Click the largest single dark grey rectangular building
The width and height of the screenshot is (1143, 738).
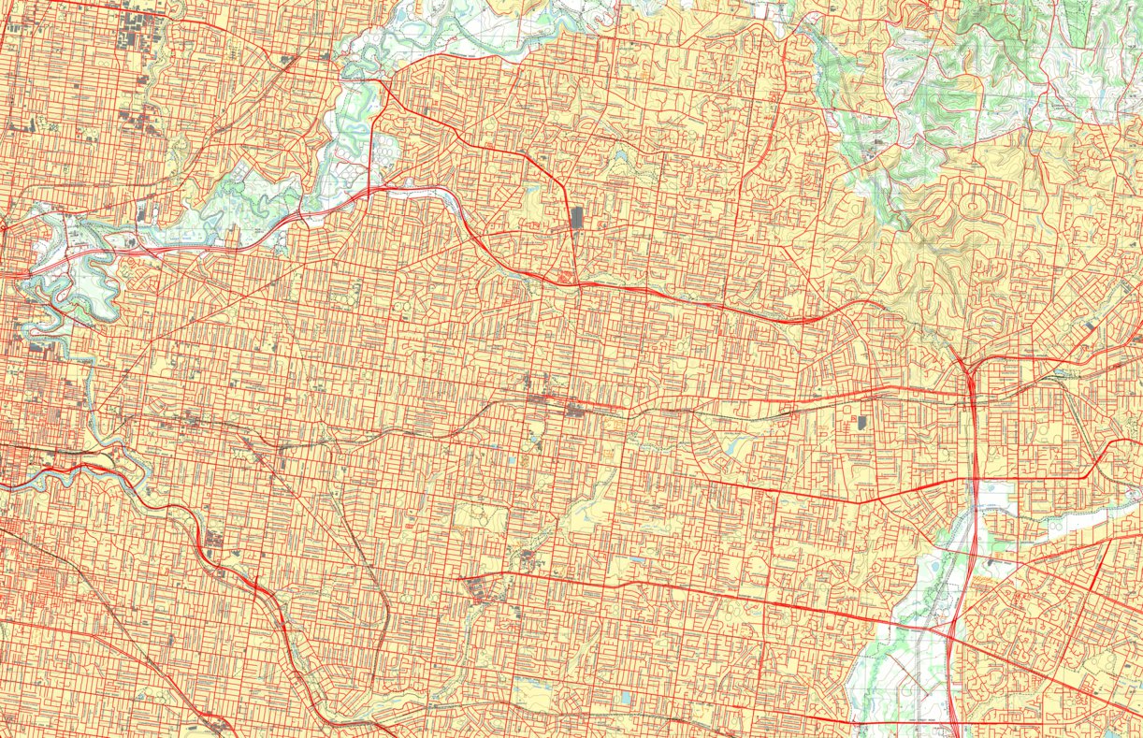click(x=576, y=218)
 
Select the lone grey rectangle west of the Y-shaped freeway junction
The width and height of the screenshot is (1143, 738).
click(x=861, y=422)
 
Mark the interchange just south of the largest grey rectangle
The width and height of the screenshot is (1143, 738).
click(x=568, y=277)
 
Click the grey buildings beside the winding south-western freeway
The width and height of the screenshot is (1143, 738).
click(x=214, y=540)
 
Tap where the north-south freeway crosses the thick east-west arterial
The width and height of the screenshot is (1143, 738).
click(x=974, y=480)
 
